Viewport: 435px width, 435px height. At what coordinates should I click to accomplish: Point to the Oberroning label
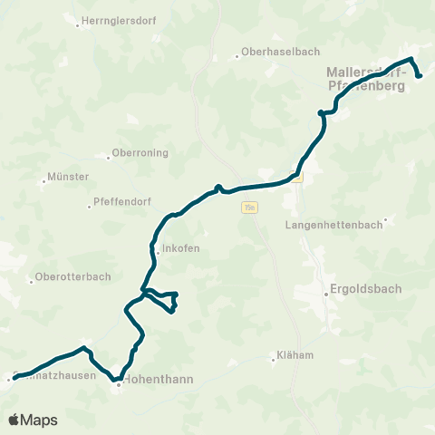point(140,153)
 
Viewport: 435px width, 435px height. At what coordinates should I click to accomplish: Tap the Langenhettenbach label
point(332,224)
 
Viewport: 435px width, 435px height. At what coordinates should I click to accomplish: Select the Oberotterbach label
point(72,277)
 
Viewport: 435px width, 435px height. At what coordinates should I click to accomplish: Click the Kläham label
point(297,355)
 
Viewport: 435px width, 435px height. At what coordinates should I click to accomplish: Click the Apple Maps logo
point(33,420)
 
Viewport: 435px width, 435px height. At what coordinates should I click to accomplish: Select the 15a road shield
point(249,208)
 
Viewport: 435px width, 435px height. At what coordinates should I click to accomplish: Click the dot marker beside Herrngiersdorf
point(78,25)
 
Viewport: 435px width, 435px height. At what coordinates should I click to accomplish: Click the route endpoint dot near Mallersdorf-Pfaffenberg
point(420,75)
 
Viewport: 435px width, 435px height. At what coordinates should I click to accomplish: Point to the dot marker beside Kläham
point(275,355)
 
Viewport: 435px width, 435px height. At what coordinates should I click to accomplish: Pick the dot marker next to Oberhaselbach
point(237,55)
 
